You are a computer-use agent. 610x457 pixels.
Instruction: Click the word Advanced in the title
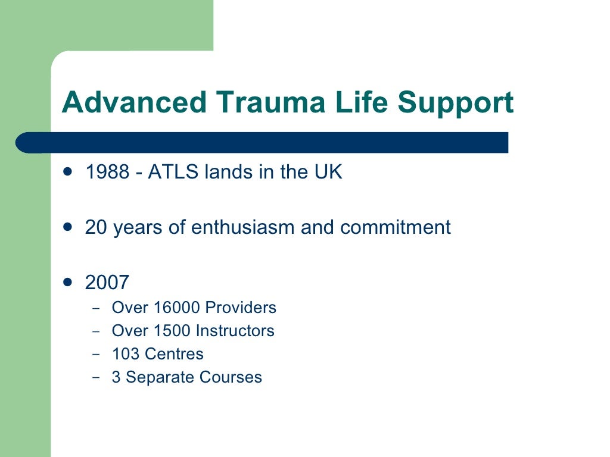click(134, 102)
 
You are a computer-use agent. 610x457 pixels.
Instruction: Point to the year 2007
click(107, 282)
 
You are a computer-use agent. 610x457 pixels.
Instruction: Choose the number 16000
click(177, 308)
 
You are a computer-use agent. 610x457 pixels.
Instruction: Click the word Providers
click(241, 308)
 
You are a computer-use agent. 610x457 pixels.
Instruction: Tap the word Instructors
click(235, 331)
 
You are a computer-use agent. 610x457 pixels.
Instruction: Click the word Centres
click(175, 354)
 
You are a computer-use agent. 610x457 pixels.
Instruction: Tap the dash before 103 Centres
click(97, 354)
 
